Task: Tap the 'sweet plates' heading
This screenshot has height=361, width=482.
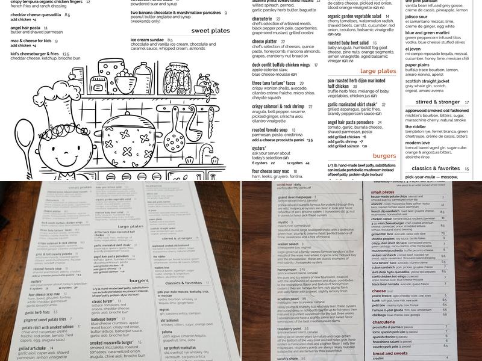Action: coord(211,30)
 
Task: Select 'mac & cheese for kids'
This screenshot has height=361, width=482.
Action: coord(30,41)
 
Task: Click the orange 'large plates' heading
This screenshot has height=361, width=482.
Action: coord(377,71)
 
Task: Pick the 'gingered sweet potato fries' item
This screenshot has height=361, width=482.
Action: coord(44,319)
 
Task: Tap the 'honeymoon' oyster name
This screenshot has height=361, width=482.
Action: coord(287,269)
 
